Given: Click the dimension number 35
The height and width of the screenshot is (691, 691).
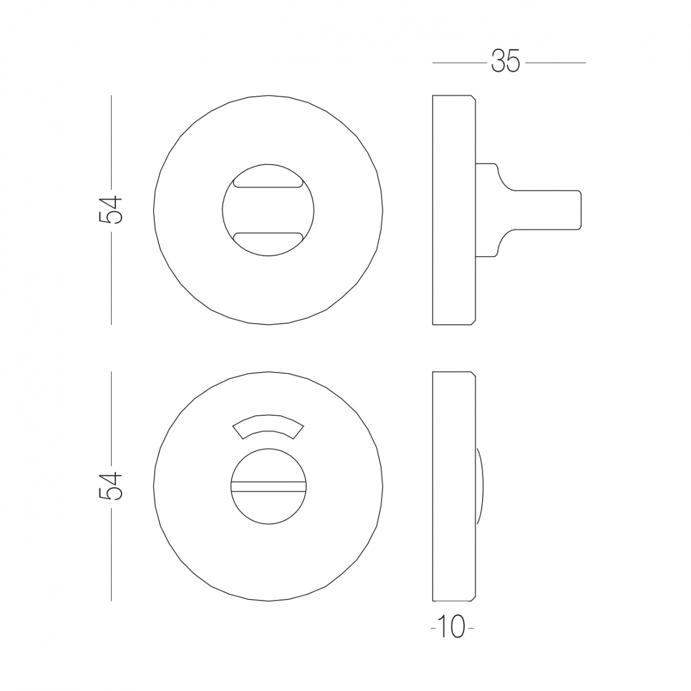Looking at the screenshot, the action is [x=505, y=62].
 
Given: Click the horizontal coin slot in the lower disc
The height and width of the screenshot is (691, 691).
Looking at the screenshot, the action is [x=268, y=486].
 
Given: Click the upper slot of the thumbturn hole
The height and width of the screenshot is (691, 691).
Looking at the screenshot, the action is [x=268, y=183].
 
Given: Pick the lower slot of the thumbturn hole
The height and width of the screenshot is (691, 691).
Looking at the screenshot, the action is [x=268, y=237].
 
